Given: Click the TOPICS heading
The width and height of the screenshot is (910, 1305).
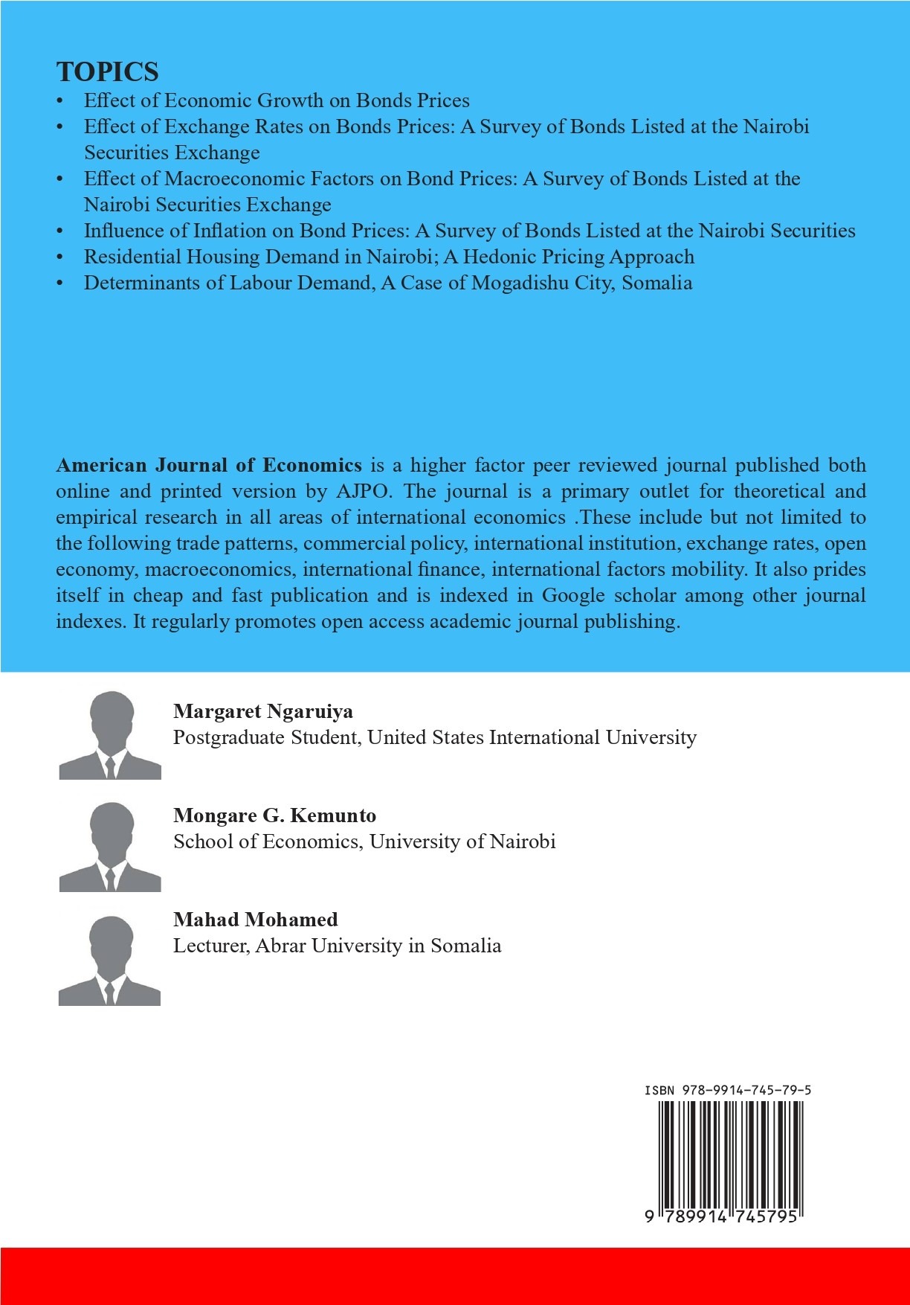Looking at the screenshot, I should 107,71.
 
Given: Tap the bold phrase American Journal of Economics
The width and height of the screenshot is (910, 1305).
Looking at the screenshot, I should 209,465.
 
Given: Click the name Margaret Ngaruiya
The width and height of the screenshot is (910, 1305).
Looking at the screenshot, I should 263,711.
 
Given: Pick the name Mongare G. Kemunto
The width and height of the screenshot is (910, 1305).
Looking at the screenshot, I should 274,815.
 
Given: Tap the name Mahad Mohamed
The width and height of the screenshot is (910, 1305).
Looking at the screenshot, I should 255,920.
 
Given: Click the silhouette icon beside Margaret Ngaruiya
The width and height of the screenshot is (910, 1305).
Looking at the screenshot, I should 110,735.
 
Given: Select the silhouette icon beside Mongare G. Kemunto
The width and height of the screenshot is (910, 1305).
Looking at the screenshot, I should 110,847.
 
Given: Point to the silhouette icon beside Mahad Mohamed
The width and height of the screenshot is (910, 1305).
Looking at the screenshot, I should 110,961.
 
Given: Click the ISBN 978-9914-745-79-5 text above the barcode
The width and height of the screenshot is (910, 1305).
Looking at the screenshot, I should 727,1090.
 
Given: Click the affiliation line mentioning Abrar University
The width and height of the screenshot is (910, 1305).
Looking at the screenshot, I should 337,946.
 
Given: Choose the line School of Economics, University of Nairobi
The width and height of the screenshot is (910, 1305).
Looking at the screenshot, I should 364,841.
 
